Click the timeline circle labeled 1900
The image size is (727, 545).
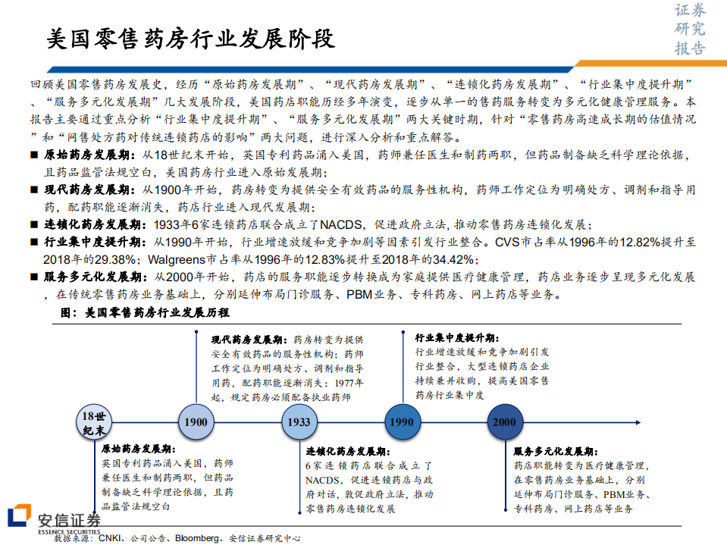click(196, 421)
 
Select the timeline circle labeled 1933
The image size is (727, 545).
click(299, 421)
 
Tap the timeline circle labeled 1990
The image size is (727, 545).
click(402, 421)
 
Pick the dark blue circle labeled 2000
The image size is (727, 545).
click(505, 421)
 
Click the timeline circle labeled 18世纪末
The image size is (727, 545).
click(94, 422)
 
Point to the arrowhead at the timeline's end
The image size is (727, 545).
click(638, 422)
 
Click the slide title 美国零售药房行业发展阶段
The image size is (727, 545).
click(190, 39)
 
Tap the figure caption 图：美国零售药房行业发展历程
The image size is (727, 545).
click(145, 312)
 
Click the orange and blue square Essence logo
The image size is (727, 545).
click(20, 515)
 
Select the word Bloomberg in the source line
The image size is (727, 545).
click(196, 538)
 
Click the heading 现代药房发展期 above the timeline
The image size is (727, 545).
click(249, 340)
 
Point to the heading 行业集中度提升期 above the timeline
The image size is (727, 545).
click(456, 338)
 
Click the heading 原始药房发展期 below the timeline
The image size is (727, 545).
click(139, 449)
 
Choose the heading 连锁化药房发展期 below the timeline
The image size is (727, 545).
click(348, 451)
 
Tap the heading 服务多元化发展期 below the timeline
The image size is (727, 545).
click(556, 451)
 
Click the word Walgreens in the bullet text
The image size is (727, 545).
click(177, 259)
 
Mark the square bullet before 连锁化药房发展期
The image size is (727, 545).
click(34, 225)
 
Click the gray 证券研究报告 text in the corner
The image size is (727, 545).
click(690, 30)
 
